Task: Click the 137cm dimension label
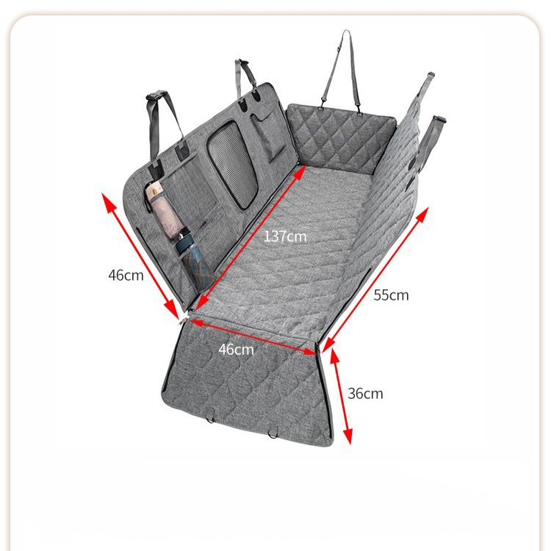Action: tap(285, 237)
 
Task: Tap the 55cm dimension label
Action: tap(391, 295)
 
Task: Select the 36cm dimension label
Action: tap(365, 393)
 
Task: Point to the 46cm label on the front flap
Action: tap(236, 349)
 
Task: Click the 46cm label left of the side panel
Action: tap(126, 275)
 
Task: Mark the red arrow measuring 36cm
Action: tap(341, 397)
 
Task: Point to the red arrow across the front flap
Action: tap(253, 336)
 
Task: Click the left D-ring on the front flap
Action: tap(213, 419)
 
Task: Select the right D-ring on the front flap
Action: tap(276, 431)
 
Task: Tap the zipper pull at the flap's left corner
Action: tap(182, 318)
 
